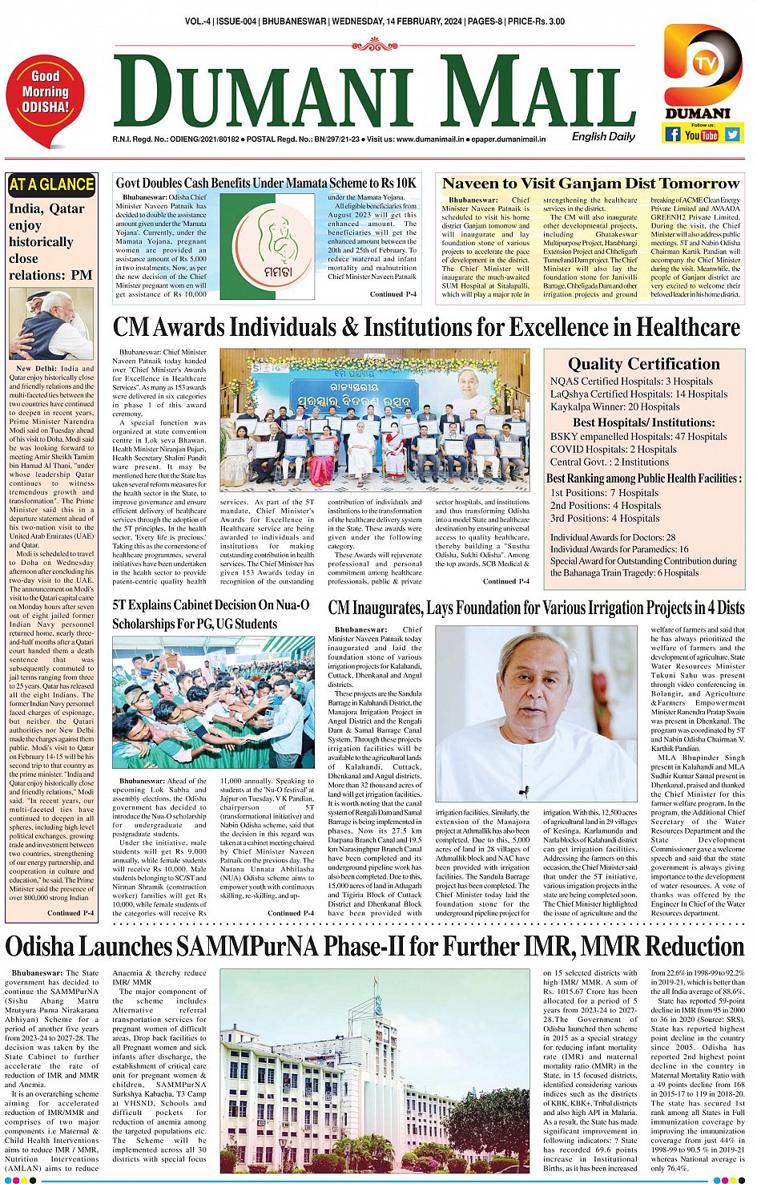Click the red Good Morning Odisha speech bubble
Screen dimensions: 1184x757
tap(45, 98)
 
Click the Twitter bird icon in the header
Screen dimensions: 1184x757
tap(732, 135)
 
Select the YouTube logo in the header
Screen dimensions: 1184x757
tap(701, 135)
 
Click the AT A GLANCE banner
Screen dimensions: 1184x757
tap(50, 185)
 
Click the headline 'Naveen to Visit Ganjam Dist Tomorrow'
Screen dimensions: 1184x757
tap(590, 184)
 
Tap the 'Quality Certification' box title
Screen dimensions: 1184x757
tap(643, 364)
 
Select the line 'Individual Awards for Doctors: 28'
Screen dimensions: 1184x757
tap(612, 537)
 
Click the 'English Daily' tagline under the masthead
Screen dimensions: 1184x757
tap(602, 136)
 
